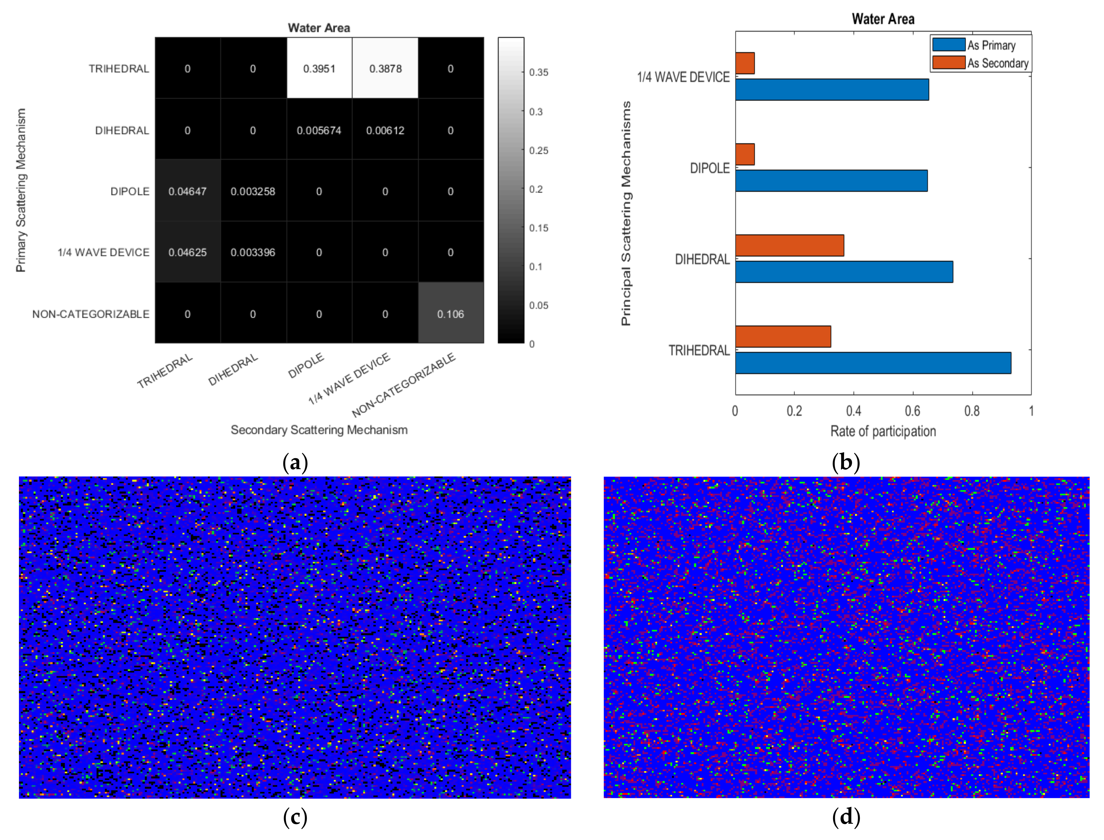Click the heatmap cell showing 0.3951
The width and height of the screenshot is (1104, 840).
(x=319, y=68)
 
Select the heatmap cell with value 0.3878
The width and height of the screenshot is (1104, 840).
(x=385, y=68)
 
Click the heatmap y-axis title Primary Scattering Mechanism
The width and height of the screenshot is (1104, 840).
(x=21, y=190)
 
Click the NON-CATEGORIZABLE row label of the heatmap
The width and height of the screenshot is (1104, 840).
(x=91, y=314)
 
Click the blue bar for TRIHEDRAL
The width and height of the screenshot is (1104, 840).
(x=872, y=363)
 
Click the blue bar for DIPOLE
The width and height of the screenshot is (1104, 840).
(x=831, y=181)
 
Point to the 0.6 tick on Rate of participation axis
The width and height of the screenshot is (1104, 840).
(x=912, y=411)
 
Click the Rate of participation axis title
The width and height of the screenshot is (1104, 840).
(x=883, y=431)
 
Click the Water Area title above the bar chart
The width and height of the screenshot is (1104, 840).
(x=883, y=19)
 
